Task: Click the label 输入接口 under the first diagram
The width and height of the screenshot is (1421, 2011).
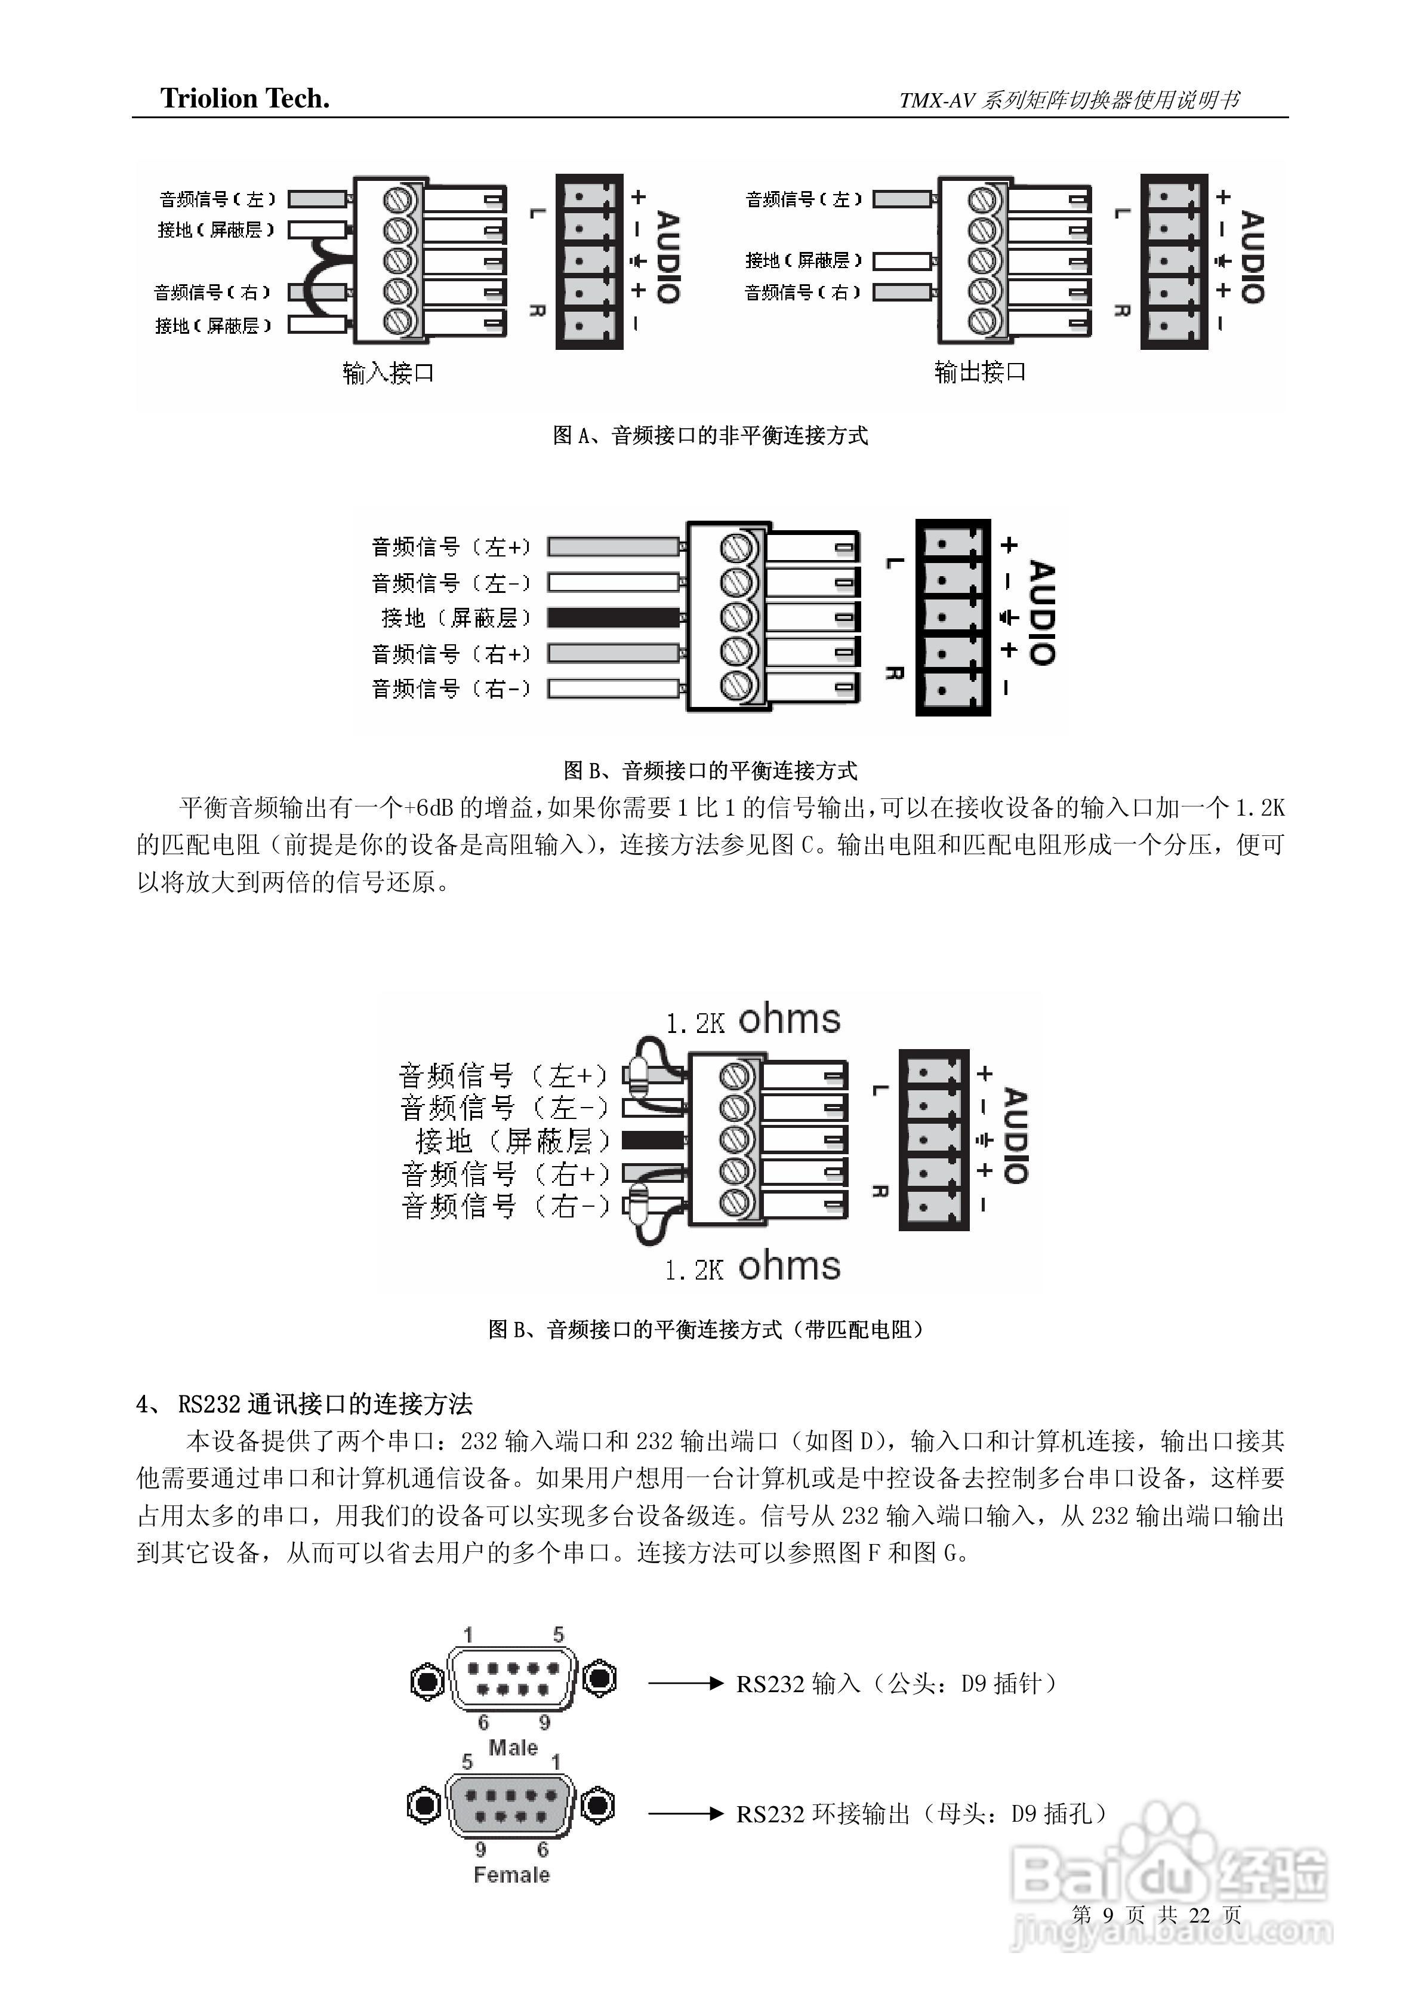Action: point(388,373)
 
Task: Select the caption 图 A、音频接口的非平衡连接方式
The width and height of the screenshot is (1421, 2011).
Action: point(710,435)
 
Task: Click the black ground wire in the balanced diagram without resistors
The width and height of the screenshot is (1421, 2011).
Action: point(613,617)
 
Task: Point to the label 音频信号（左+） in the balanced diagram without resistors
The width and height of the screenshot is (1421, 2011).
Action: point(451,548)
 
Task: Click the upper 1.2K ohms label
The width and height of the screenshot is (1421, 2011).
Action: point(753,1020)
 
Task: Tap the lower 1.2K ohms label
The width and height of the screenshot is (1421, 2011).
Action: point(753,1268)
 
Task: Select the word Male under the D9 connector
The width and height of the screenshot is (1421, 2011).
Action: point(513,1747)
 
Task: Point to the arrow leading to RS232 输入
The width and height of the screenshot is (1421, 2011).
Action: point(686,1683)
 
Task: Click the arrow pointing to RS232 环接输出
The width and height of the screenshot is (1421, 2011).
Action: point(686,1814)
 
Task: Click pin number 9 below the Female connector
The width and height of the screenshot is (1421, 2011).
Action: point(480,1849)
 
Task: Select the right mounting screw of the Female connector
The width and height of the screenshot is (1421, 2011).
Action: point(598,1806)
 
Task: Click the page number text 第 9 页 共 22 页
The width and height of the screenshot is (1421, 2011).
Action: point(1155,1915)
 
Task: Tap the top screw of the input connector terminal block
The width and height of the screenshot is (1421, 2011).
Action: point(399,199)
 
